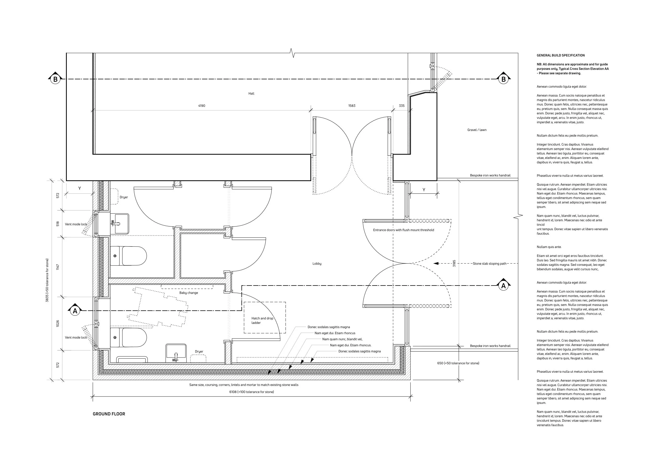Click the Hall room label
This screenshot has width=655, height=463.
click(x=251, y=93)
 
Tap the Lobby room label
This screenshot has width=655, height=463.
click(x=317, y=264)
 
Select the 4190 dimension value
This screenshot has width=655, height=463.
click(x=201, y=106)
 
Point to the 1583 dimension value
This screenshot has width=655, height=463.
click(x=352, y=106)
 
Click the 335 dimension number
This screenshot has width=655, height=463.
click(x=402, y=106)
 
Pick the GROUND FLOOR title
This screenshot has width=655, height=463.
click(x=109, y=414)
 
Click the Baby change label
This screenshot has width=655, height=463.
click(x=188, y=293)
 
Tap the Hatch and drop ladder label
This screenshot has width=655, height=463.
click(x=262, y=320)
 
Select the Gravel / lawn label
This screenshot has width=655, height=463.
click(x=477, y=130)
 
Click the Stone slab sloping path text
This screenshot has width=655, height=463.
click(x=489, y=264)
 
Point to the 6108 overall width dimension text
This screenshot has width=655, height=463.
click(x=252, y=392)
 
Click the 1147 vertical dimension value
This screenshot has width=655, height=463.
click(x=58, y=267)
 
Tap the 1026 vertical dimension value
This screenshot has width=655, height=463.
click(x=58, y=323)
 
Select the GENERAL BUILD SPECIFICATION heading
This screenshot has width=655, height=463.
click(x=560, y=55)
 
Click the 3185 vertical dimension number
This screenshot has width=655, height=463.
click(x=454, y=263)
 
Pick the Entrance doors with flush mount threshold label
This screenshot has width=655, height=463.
click(x=403, y=230)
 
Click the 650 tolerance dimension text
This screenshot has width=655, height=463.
click(x=458, y=363)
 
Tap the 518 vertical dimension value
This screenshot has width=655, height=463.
click(x=58, y=224)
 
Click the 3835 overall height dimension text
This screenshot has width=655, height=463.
click(x=47, y=280)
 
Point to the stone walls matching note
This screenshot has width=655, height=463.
click(x=244, y=385)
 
